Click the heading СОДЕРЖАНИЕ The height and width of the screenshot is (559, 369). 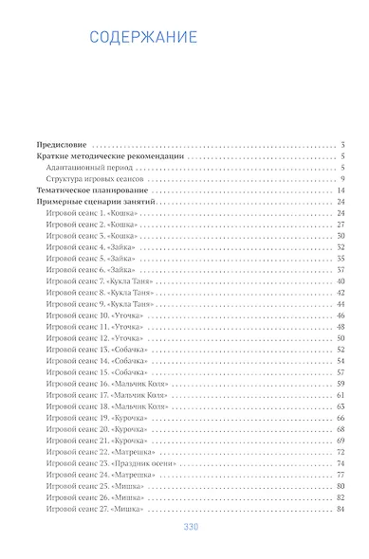(x=142, y=38)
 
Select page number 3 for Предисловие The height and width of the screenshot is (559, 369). (x=341, y=145)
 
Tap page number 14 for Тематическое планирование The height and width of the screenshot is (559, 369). (x=339, y=191)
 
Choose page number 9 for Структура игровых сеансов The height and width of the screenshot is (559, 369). (x=341, y=179)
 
